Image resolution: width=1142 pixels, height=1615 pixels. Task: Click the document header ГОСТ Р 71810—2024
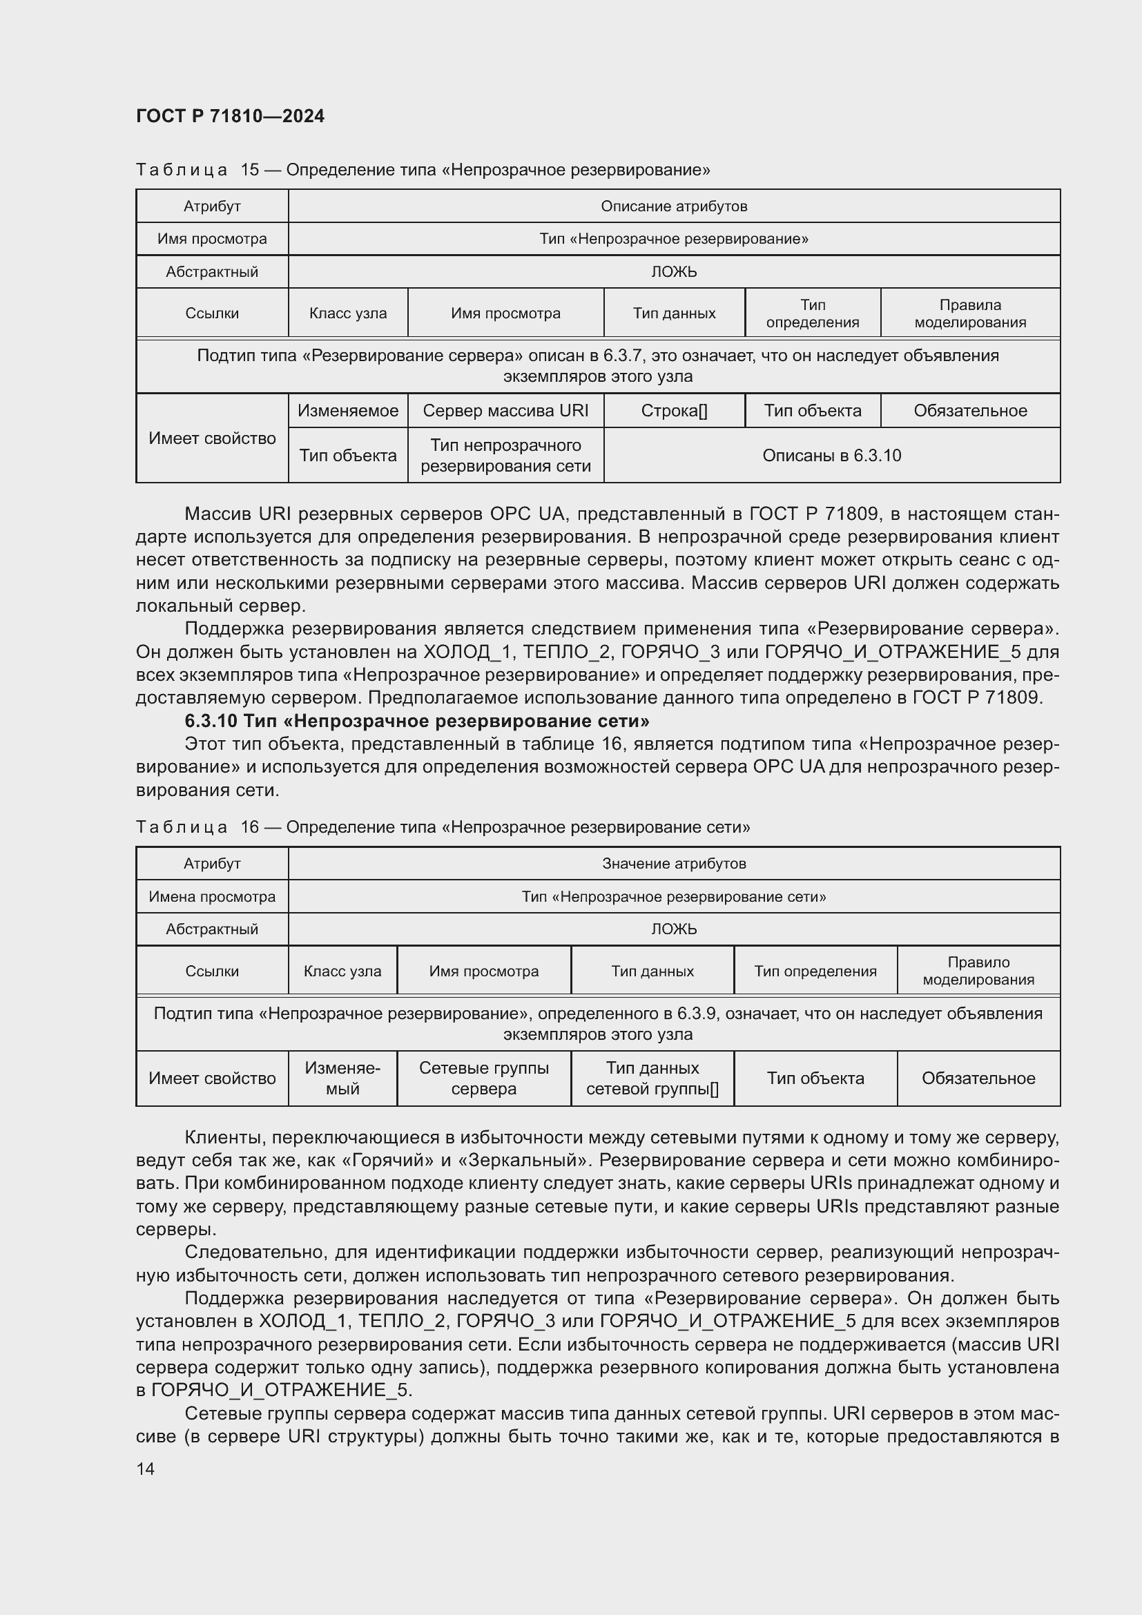[x=230, y=116]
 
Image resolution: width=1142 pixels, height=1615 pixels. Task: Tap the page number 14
[x=146, y=1469]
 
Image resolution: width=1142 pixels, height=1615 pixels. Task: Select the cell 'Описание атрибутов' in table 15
[x=674, y=206]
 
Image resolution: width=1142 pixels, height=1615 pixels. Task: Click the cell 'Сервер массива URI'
[x=505, y=411]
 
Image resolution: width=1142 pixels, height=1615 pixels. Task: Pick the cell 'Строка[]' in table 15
[x=674, y=411]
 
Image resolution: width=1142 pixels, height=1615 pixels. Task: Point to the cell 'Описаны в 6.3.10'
[x=831, y=456]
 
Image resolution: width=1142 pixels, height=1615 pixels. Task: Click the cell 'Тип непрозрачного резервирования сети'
[x=505, y=456]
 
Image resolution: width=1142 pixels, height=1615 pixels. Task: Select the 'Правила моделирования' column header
[x=969, y=313]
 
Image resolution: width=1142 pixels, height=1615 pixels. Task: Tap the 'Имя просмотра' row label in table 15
[x=212, y=238]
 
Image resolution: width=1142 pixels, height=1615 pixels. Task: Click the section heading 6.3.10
[x=416, y=721]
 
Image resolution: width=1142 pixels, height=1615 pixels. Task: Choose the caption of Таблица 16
[x=443, y=827]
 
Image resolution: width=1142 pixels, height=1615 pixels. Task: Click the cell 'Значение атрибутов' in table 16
[x=674, y=864]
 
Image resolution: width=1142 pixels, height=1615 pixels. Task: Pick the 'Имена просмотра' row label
[x=212, y=897]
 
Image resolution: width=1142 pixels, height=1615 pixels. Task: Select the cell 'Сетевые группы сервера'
[x=484, y=1079]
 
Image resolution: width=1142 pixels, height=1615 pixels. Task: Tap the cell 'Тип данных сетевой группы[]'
[x=652, y=1079]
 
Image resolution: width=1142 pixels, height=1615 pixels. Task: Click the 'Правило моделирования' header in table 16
[x=978, y=971]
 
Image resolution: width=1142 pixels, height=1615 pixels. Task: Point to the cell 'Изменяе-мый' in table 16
[x=342, y=1079]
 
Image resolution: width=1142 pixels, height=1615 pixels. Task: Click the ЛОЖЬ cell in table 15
[x=674, y=271]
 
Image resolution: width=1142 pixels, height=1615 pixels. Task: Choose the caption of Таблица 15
[x=423, y=171]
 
